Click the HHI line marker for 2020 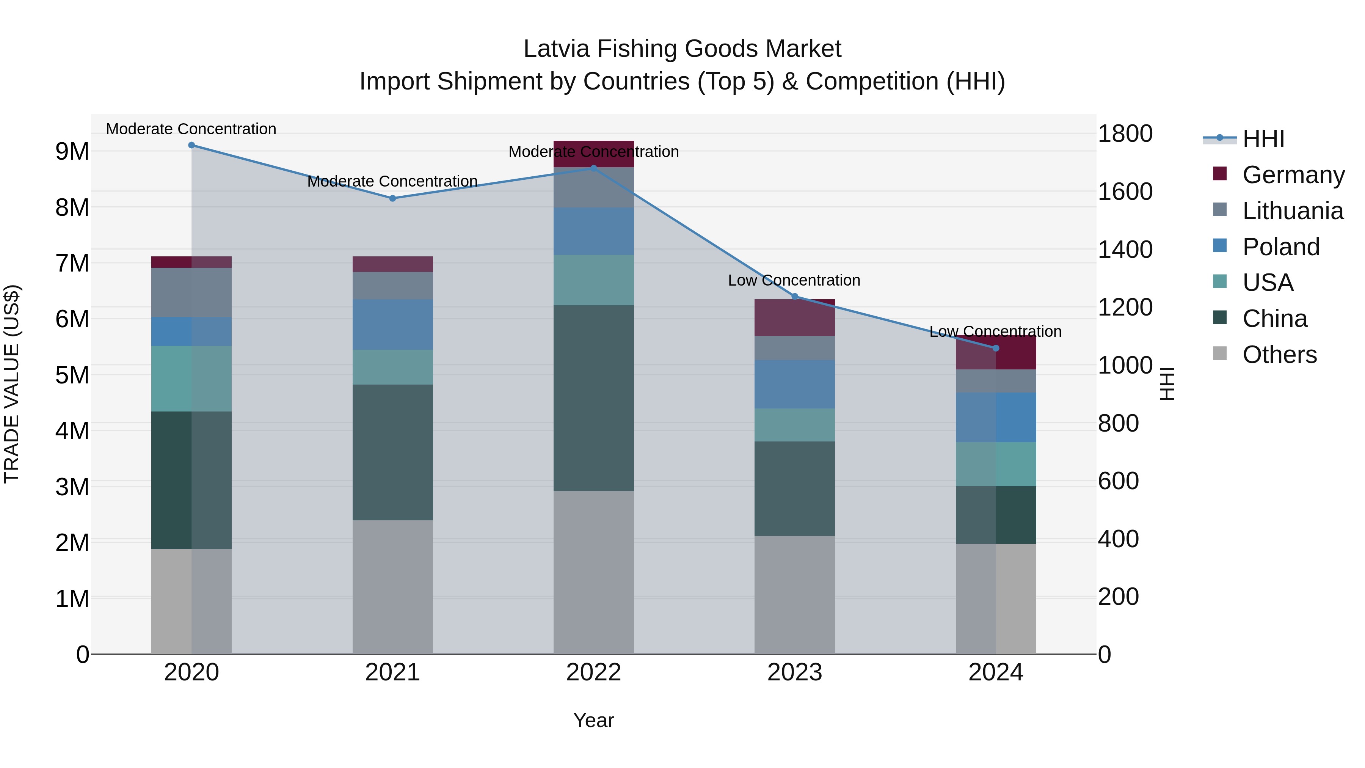coord(191,145)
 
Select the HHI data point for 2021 coord(393,198)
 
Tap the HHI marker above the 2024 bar coord(996,348)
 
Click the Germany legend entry coord(1293,175)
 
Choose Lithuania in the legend coord(1293,211)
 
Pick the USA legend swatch coord(1220,281)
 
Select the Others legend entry coord(1279,355)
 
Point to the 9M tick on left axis coord(72,152)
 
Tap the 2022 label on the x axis coord(593,672)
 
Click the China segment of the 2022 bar coord(593,397)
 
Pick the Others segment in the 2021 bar coord(393,587)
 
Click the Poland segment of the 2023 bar coord(794,384)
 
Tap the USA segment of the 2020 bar coord(191,379)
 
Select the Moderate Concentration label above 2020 coord(191,129)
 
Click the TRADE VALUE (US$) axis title coord(12,384)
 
